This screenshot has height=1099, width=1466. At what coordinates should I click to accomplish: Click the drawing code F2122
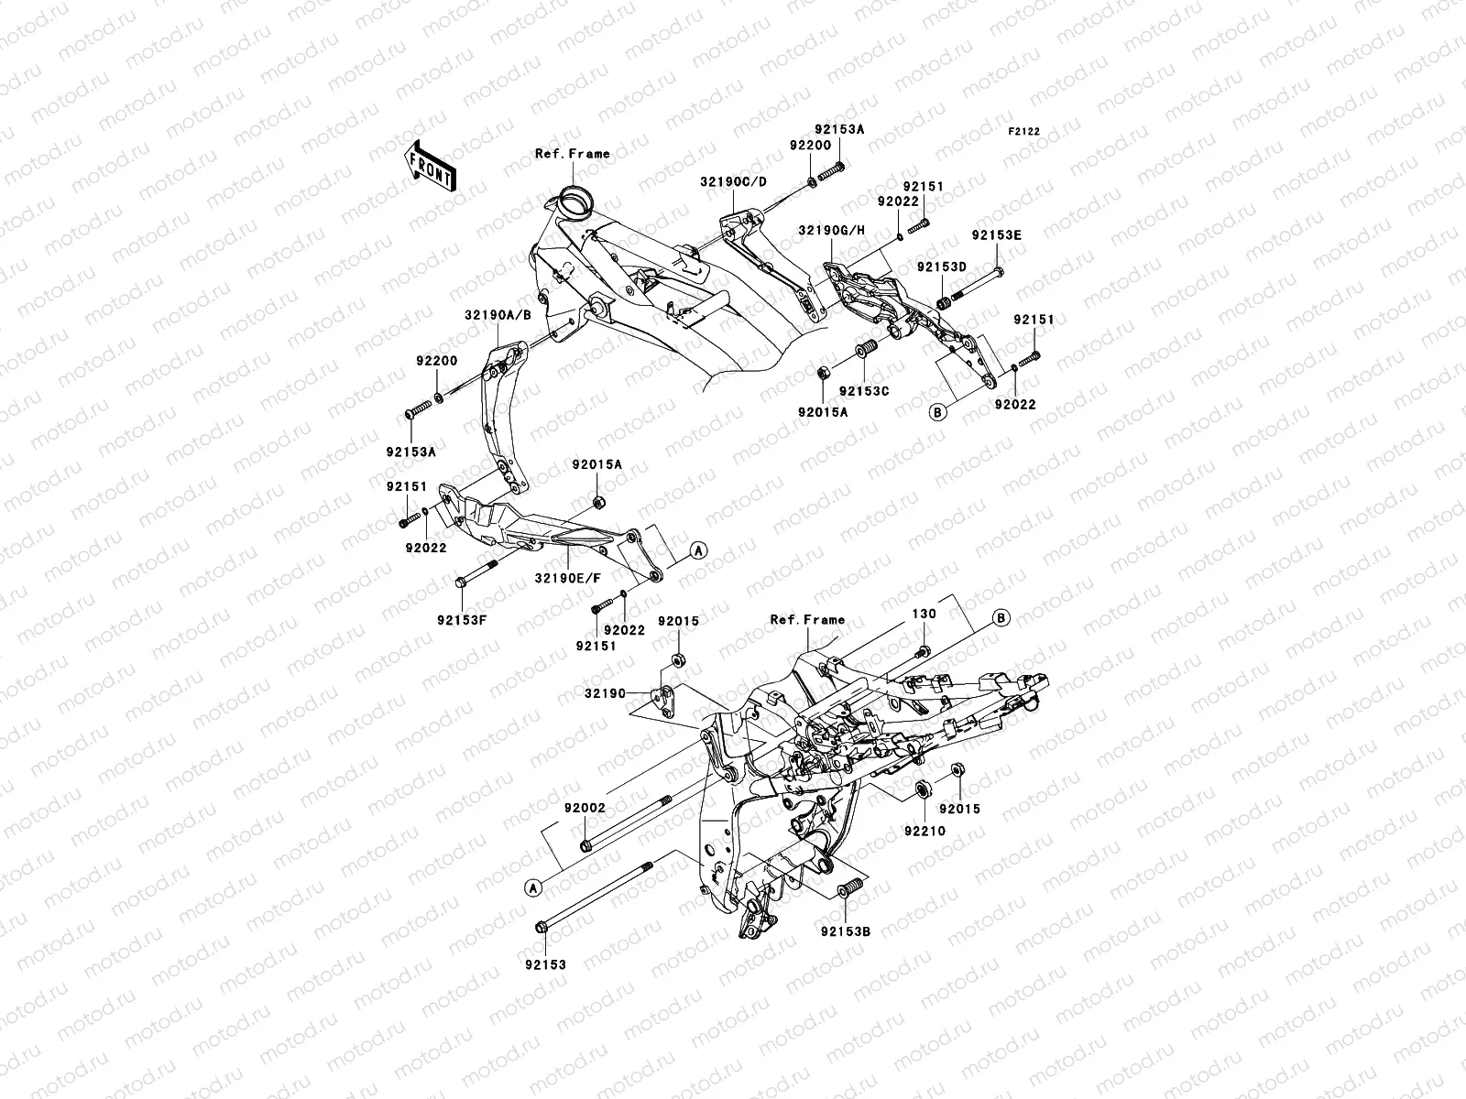click(1025, 132)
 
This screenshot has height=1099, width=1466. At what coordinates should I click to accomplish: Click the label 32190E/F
click(568, 578)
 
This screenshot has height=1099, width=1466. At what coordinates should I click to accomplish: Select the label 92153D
click(942, 267)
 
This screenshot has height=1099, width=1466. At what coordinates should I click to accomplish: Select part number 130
click(924, 614)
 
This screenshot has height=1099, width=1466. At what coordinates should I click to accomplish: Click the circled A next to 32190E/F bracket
click(697, 550)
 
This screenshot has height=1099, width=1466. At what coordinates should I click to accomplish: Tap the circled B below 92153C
click(936, 412)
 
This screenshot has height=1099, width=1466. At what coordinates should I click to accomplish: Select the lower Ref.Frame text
click(807, 620)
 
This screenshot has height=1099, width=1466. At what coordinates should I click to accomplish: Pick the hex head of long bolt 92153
click(541, 929)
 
